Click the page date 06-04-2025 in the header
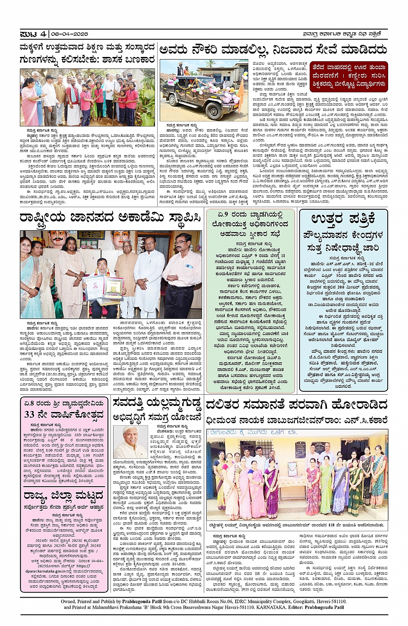coord(70,34)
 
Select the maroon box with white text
coord(348,76)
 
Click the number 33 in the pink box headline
coord(29,415)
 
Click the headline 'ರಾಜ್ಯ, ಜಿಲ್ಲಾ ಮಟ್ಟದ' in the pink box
coord(63,495)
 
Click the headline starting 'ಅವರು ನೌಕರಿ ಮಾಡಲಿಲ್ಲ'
coord(273,50)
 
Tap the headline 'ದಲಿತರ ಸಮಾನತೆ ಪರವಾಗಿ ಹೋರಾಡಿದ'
coord(296,405)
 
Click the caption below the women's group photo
coord(296,525)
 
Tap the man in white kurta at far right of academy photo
coord(181,276)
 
